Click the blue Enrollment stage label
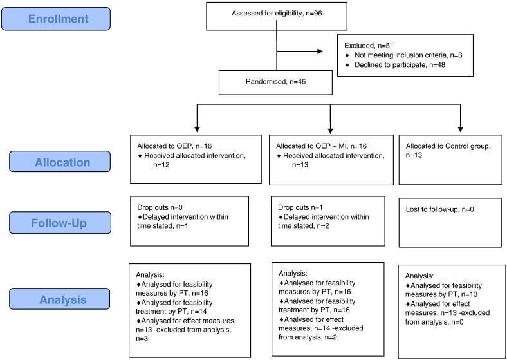[x=56, y=19]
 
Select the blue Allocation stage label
[x=60, y=162]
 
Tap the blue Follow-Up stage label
[x=60, y=223]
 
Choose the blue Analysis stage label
[x=60, y=299]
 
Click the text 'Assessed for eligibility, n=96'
[x=277, y=14]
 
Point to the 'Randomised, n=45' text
[x=276, y=82]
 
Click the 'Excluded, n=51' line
[x=368, y=46]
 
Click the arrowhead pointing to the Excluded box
[x=320, y=51]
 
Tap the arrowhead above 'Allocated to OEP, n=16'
[x=197, y=129]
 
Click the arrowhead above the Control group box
[x=461, y=129]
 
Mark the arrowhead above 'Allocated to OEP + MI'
[x=330, y=130]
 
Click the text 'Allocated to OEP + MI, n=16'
[x=322, y=146]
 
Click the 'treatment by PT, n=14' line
[x=172, y=312]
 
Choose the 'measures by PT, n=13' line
[x=441, y=294]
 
